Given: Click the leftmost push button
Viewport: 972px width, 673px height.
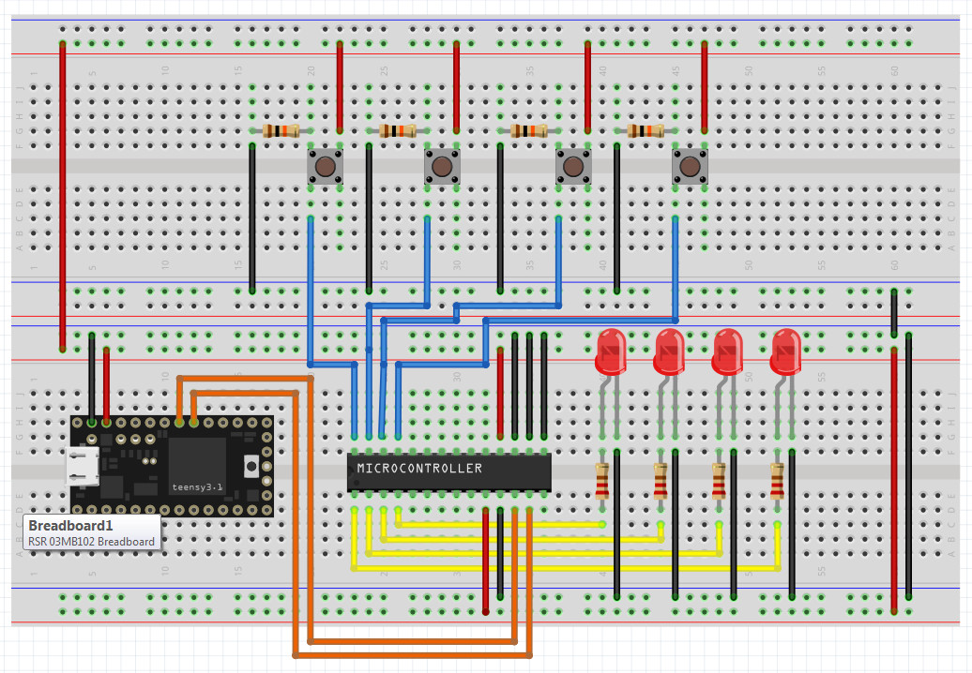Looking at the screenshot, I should tap(325, 168).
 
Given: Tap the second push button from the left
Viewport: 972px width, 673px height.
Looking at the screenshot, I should tap(442, 168).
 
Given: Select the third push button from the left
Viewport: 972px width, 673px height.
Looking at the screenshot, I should tap(572, 168).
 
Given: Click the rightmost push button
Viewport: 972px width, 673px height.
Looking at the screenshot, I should tap(690, 168).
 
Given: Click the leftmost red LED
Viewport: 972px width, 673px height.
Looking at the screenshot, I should tap(610, 352).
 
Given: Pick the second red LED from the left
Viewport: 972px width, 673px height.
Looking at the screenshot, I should tap(668, 352).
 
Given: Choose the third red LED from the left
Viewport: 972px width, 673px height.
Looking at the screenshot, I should tap(726, 352).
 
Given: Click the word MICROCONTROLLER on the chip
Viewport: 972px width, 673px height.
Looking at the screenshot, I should tap(419, 468).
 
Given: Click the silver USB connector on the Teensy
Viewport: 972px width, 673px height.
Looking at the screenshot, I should tap(84, 466).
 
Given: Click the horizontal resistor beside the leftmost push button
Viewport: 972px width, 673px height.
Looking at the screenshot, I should tap(281, 131).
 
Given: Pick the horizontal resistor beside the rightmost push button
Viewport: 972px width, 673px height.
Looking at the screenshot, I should tap(645, 131).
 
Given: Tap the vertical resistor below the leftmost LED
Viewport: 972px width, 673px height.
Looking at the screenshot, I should tap(602, 482).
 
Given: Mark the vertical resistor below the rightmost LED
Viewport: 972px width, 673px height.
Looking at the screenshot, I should tap(777, 482).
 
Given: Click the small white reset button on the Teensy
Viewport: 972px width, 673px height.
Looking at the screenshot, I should tap(251, 466).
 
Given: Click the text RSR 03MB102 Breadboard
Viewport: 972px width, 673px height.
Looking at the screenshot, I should tap(91, 541).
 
